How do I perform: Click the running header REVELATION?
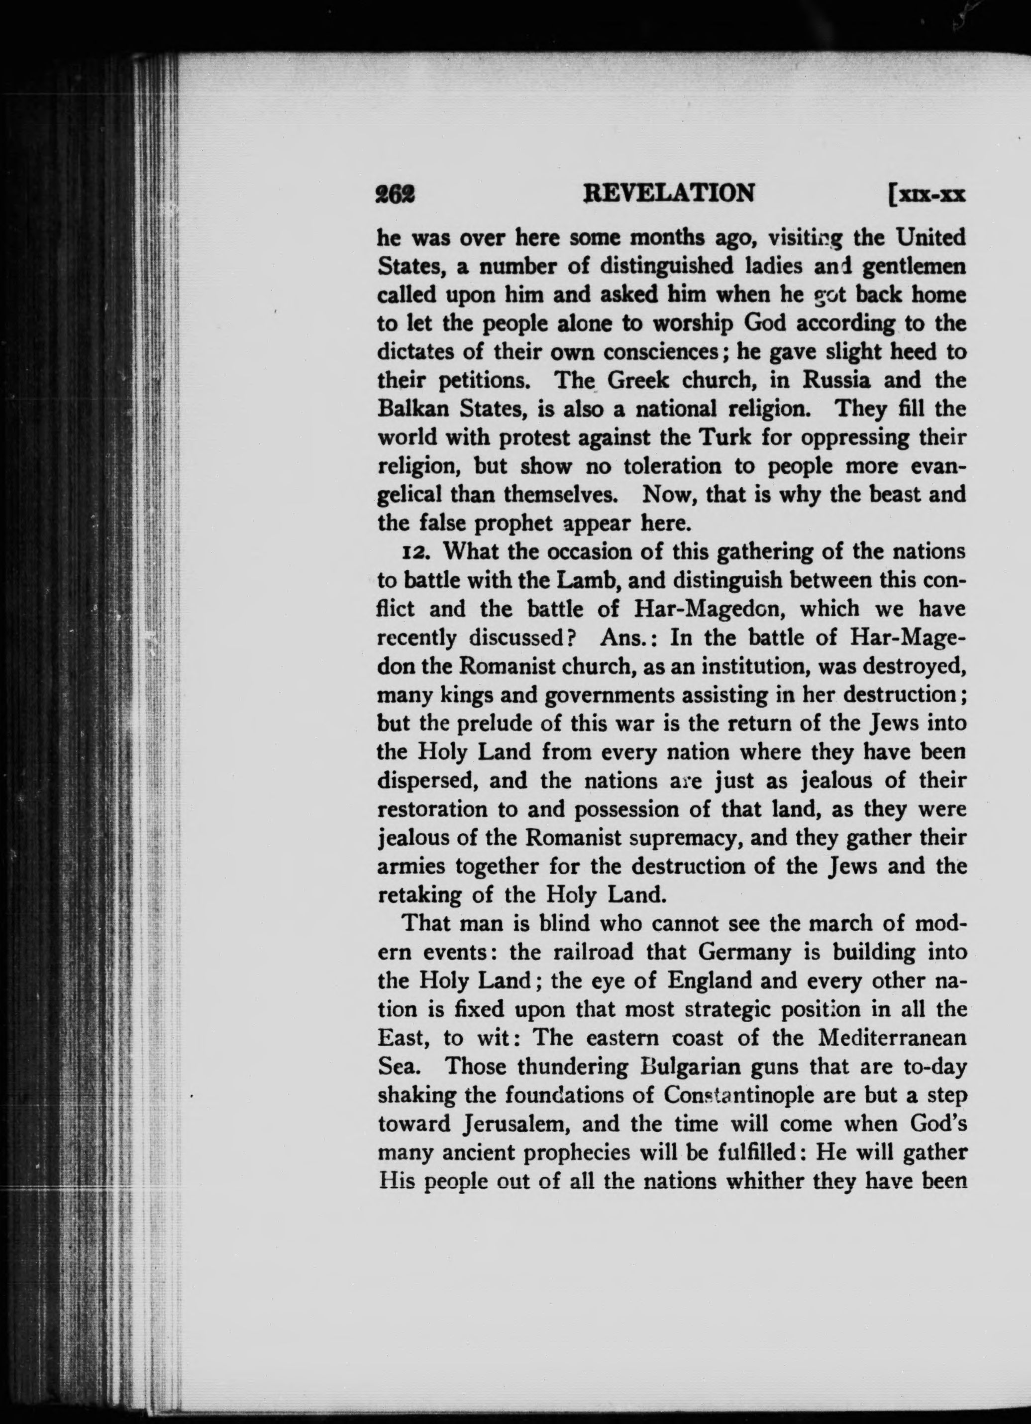(669, 194)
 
